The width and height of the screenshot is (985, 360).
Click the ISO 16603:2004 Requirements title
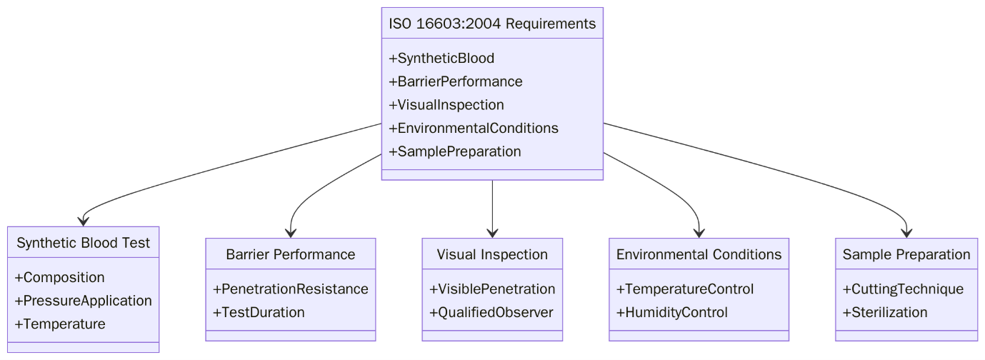coord(492,24)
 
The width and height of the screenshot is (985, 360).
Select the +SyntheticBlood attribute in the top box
coord(441,58)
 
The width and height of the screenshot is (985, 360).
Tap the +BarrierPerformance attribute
coord(456,81)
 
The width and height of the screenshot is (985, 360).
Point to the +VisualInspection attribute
coord(446,105)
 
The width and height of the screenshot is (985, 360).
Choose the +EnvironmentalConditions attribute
coord(474,129)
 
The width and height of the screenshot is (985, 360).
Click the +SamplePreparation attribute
coord(455,151)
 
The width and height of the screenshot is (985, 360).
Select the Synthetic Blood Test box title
coord(84,243)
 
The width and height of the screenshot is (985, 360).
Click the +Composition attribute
coord(59,277)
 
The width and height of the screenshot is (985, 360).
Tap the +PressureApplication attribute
coord(83,301)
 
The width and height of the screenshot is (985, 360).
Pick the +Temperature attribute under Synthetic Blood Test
coord(60,324)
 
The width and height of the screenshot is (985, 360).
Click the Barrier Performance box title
coord(291,254)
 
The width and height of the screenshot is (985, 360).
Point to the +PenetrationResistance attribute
coord(291,289)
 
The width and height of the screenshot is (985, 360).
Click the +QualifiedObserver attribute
coord(491,312)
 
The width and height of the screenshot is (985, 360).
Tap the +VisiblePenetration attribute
coord(492,289)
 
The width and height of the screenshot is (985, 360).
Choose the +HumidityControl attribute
coord(672,312)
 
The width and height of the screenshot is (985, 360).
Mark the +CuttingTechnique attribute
coord(903,289)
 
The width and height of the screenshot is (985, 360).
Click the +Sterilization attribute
coord(885,312)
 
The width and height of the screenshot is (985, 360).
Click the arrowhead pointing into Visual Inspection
coord(492,232)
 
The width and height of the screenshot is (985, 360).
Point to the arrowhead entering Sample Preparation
coord(906,232)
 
